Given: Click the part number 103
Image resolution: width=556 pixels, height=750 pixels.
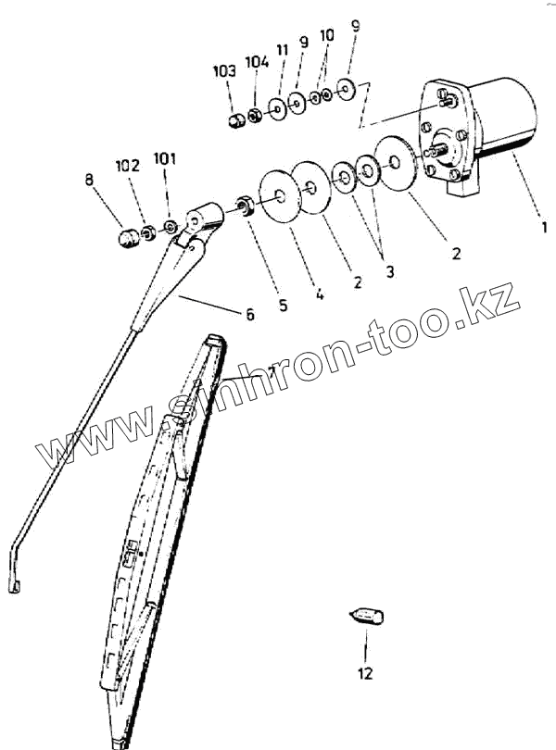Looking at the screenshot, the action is coord(225,70).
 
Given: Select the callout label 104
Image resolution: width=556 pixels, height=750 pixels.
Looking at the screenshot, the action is coord(258,62).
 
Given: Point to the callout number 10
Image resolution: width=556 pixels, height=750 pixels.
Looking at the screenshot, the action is coord(327,35).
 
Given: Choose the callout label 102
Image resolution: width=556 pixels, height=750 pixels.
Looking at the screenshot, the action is coord(128,167).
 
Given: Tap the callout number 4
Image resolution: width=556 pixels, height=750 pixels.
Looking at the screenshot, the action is coord(319,295).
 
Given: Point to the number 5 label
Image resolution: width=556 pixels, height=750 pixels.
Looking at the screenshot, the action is coord(283,304).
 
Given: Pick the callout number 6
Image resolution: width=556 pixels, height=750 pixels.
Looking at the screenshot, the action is coord(248,315).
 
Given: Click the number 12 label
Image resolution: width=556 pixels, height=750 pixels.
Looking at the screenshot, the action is coord(365,673).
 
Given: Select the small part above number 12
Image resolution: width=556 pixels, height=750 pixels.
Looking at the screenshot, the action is coord(367,616).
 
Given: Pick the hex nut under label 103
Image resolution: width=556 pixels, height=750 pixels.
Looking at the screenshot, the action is coord(237,120).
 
